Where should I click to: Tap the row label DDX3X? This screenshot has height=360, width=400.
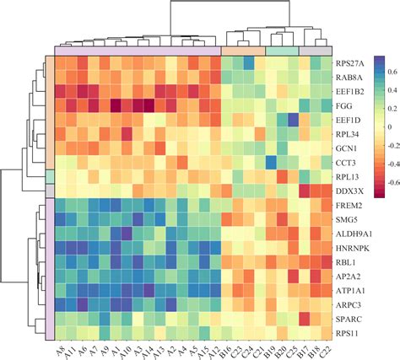click(x=347, y=191)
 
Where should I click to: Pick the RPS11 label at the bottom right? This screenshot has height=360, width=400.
click(x=345, y=334)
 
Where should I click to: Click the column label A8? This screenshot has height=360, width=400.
click(x=62, y=348)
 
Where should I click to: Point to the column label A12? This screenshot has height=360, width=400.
click(x=214, y=348)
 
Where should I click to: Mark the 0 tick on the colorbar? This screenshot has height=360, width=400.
click(x=388, y=126)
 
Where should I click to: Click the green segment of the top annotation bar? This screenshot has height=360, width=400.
click(x=282, y=51)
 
